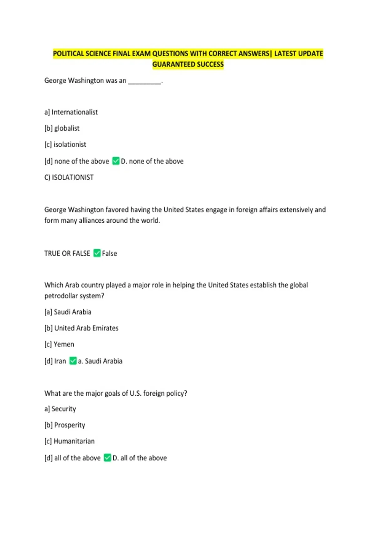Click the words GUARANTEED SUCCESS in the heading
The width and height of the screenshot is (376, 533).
(x=188, y=65)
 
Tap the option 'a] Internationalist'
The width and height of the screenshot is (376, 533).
(x=71, y=112)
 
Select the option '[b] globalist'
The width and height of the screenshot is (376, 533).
(x=62, y=128)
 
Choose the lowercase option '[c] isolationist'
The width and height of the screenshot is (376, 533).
(x=65, y=145)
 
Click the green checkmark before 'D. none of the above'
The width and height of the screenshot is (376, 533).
(x=116, y=161)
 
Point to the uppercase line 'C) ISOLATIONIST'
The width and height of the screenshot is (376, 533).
(x=69, y=177)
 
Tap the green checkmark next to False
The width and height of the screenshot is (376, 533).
(x=97, y=253)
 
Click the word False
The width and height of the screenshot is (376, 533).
(x=109, y=253)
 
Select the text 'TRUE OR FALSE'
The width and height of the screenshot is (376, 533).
(x=67, y=253)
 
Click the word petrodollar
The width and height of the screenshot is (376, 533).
(x=61, y=296)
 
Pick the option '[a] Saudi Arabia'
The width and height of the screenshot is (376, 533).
(x=68, y=312)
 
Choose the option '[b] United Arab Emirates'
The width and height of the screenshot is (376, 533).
(x=81, y=328)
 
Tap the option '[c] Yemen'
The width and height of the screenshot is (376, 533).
(x=60, y=344)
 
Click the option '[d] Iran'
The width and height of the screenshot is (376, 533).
(x=55, y=361)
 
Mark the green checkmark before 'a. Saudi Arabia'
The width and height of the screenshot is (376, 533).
(x=73, y=361)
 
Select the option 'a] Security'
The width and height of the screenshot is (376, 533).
(x=60, y=409)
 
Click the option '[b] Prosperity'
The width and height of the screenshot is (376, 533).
(x=65, y=425)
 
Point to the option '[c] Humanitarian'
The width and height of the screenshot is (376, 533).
(x=70, y=441)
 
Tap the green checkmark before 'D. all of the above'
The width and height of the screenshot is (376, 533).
(x=107, y=458)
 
